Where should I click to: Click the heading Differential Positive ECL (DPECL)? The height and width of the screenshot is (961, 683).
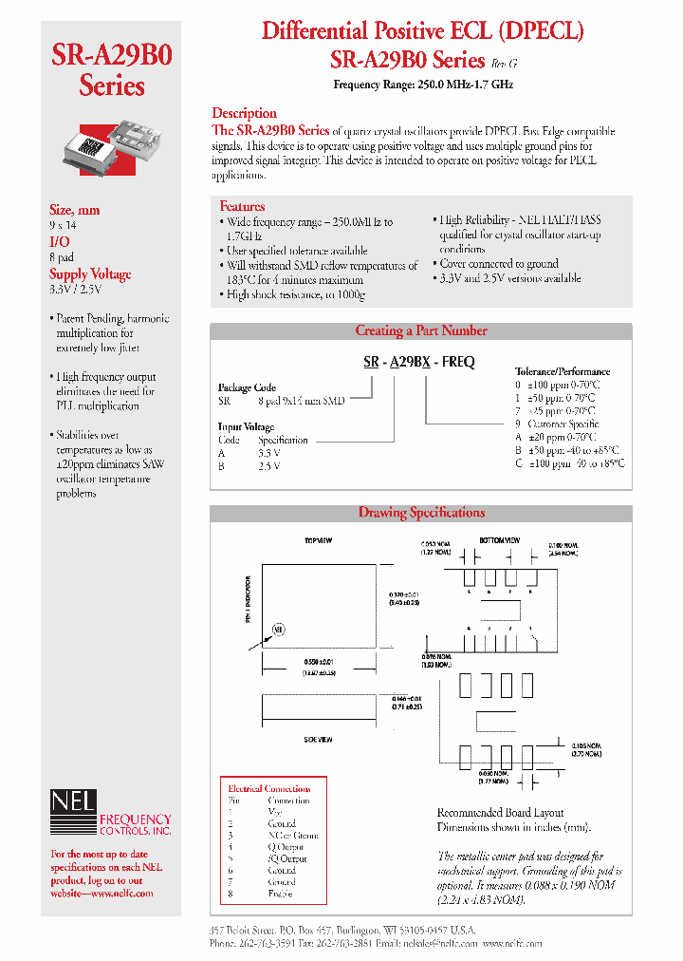click(x=422, y=30)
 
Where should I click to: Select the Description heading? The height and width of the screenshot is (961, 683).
click(x=244, y=113)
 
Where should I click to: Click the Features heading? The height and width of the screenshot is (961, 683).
click(x=242, y=206)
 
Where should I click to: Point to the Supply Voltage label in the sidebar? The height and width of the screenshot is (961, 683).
click(x=90, y=274)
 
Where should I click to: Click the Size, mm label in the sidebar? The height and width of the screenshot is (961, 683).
click(x=75, y=210)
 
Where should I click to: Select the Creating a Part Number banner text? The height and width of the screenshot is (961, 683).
click(x=420, y=331)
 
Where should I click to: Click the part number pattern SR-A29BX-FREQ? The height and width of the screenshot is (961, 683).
click(x=419, y=362)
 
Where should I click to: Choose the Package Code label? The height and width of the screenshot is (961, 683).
click(x=247, y=387)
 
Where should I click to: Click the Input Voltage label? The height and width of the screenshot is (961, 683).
click(x=246, y=427)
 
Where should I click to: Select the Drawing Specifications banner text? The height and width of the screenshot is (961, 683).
click(x=420, y=513)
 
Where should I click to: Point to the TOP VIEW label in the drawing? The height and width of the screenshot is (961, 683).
click(x=317, y=540)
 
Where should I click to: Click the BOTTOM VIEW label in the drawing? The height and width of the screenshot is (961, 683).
click(x=500, y=539)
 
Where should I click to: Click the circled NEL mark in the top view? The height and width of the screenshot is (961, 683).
click(x=279, y=629)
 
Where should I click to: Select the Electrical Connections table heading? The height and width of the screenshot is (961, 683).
click(x=268, y=789)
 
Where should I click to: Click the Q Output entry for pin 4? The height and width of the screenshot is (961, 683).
click(x=285, y=847)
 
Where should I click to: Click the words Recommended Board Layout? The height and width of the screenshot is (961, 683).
click(x=500, y=813)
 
